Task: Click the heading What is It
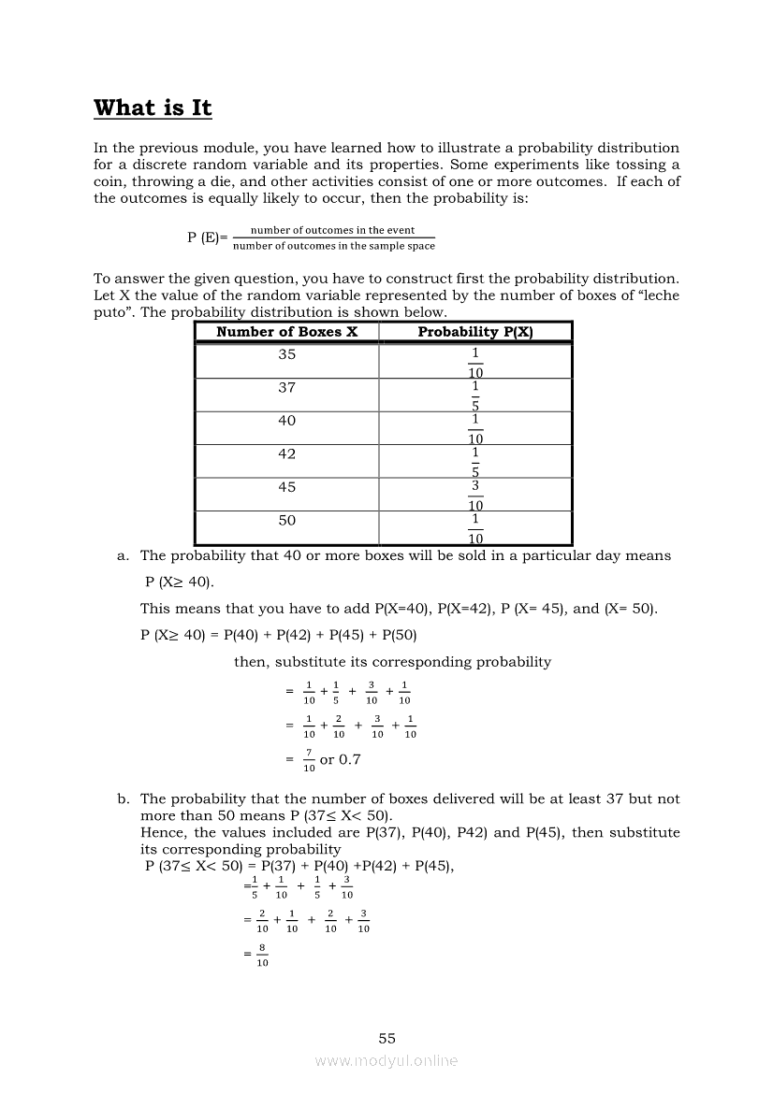click(x=153, y=108)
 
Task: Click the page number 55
click(x=387, y=1038)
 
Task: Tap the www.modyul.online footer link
click(x=386, y=1060)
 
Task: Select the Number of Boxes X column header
click(x=286, y=332)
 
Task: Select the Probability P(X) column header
click(x=475, y=332)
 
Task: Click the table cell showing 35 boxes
click(x=286, y=354)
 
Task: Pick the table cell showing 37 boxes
click(x=286, y=387)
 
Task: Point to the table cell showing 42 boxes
click(x=286, y=453)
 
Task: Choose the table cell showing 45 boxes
click(x=286, y=487)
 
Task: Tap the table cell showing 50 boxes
click(x=286, y=520)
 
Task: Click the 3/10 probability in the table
click(x=475, y=495)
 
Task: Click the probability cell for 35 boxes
click(x=475, y=362)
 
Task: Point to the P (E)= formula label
click(x=207, y=237)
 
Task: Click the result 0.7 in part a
click(x=348, y=759)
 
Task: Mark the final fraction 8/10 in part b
click(x=262, y=956)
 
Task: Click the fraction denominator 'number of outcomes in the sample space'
click(x=333, y=246)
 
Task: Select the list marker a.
click(x=123, y=555)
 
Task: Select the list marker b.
click(x=123, y=798)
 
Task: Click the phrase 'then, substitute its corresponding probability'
click(x=392, y=661)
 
